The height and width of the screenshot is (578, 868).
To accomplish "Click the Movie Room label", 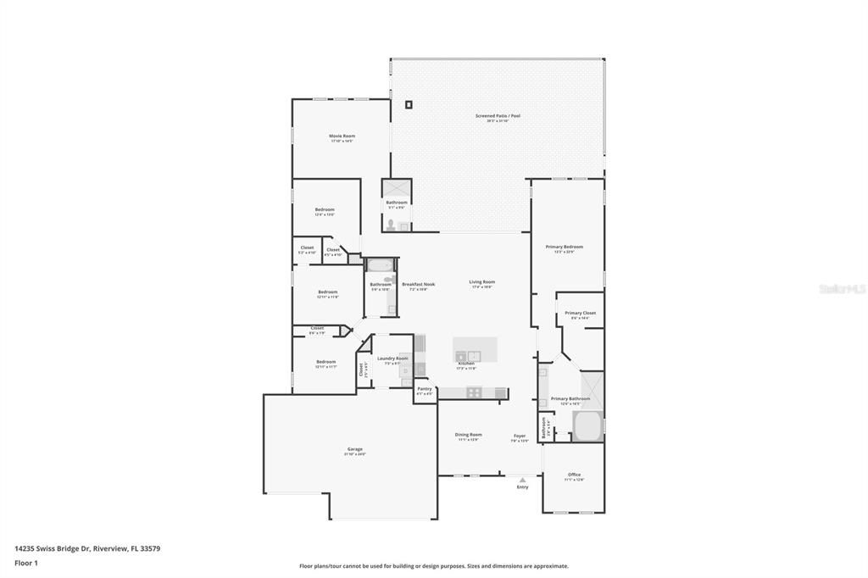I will pyautogui.click(x=342, y=136).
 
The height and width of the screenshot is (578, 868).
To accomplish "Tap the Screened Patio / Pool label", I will pyautogui.click(x=498, y=116).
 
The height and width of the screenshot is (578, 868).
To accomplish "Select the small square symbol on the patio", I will pyautogui.click(x=409, y=104).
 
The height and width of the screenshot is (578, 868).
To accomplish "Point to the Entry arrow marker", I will pyautogui.click(x=522, y=480).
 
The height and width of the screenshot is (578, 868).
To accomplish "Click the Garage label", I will pyautogui.click(x=354, y=449).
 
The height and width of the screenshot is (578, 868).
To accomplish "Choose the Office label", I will pyautogui.click(x=574, y=475).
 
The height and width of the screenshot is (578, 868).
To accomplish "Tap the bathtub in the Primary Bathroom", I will pyautogui.click(x=587, y=426).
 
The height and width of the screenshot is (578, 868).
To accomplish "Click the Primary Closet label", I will pyautogui.click(x=580, y=313).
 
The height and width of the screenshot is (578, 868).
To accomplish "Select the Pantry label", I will pyautogui.click(x=425, y=389).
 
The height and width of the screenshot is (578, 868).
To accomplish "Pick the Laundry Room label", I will pyautogui.click(x=392, y=358).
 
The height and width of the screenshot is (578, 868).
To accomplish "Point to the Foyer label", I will pyautogui.click(x=520, y=436).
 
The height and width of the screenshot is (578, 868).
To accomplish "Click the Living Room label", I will pyautogui.click(x=482, y=282).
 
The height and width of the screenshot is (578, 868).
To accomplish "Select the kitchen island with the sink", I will pyautogui.click(x=475, y=349).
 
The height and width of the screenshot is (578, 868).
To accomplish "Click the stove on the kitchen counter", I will pyautogui.click(x=475, y=392).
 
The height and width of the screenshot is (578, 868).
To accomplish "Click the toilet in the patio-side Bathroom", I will pyautogui.click(x=391, y=225).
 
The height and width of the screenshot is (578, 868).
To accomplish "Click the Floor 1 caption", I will pyautogui.click(x=26, y=563).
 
